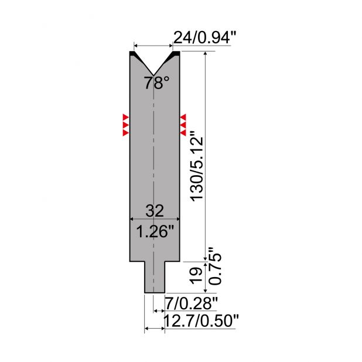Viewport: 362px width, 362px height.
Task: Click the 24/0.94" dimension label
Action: tap(205, 37)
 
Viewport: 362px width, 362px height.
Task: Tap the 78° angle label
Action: tap(157, 83)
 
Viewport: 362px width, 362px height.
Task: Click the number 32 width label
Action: tap(155, 210)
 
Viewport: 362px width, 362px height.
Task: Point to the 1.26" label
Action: tap(155, 231)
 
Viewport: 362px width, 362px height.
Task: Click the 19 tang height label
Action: tap(196, 275)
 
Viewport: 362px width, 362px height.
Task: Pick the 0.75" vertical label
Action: tap(215, 266)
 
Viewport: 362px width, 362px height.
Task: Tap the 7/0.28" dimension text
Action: tap(191, 303)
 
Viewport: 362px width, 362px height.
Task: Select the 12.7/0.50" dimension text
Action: tap(201, 320)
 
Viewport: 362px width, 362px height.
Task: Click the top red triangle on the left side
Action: tap(125, 117)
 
